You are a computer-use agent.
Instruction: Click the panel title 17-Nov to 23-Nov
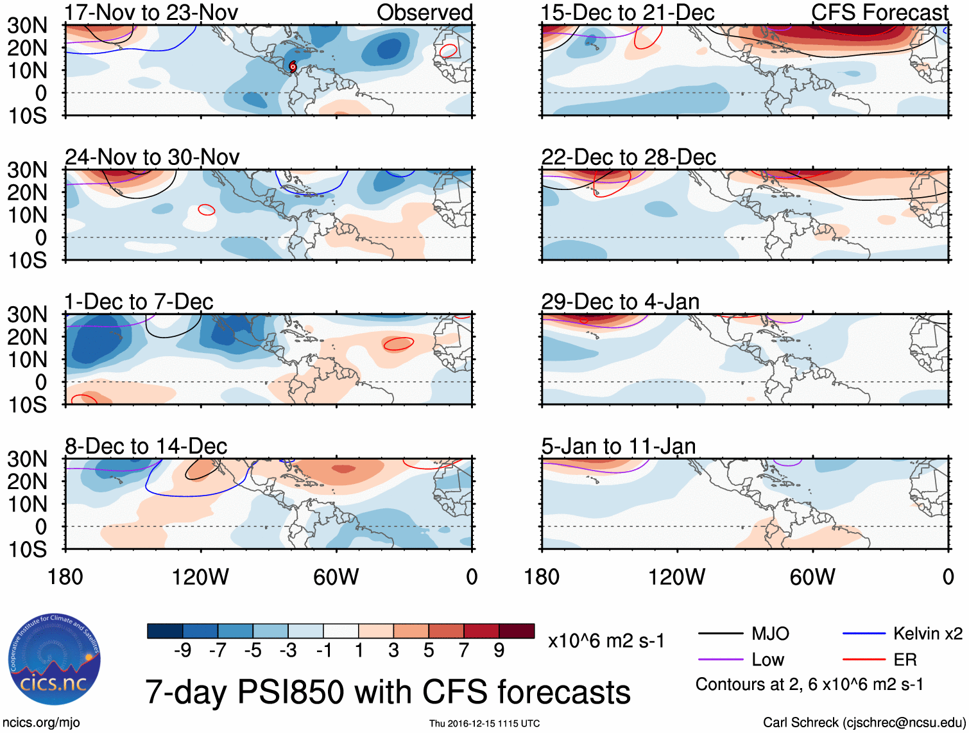(151, 12)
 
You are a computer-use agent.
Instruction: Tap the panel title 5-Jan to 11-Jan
(619, 446)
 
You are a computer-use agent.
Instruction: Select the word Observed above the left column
(424, 12)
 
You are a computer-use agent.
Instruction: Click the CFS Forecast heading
(879, 12)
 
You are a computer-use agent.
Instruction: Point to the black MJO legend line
(720, 634)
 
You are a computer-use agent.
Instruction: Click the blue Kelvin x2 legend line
(864, 634)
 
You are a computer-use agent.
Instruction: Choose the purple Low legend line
(720, 659)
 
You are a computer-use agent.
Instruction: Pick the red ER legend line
(864, 659)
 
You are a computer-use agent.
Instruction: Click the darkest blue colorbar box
(165, 631)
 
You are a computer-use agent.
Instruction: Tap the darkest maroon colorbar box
(517, 631)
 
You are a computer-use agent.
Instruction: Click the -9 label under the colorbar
(182, 651)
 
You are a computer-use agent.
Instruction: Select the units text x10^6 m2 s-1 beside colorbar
(606, 641)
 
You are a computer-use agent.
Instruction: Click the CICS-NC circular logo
(55, 660)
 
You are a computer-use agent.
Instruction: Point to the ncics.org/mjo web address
(41, 723)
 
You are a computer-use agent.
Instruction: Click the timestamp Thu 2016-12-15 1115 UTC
(484, 723)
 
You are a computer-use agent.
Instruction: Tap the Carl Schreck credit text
(864, 723)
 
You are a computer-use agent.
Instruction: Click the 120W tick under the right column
(676, 577)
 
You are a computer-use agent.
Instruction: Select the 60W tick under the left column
(336, 577)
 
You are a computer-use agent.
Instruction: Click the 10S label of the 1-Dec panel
(28, 405)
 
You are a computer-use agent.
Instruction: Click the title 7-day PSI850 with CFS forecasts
(388, 693)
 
